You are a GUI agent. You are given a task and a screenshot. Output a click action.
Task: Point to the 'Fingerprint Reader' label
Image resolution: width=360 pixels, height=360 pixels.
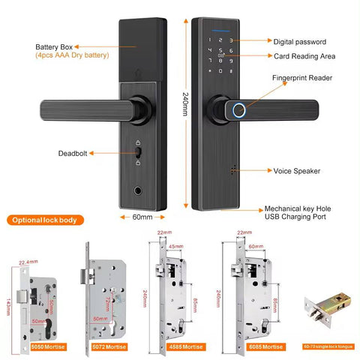301,77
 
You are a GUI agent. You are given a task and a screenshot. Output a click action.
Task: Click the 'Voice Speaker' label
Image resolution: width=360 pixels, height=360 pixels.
296,171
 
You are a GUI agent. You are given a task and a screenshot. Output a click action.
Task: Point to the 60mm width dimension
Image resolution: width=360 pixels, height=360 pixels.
142,217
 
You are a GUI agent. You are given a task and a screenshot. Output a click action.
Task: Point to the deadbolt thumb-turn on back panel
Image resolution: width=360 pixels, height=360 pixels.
139,154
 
